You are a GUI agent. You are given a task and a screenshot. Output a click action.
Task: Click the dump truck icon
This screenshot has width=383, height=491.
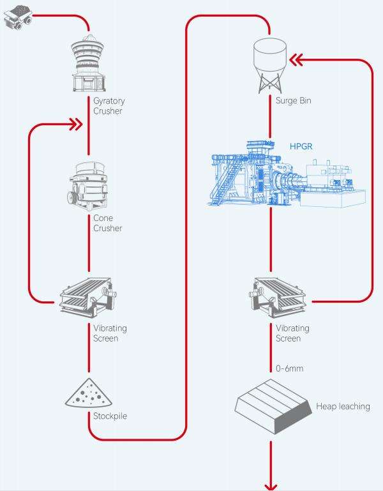pyautogui.click(x=18, y=17)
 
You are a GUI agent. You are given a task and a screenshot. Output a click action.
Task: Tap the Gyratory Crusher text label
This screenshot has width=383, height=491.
pyautogui.click(x=109, y=106)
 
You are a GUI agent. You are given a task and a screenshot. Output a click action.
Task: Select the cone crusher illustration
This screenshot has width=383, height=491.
pyautogui.click(x=88, y=186)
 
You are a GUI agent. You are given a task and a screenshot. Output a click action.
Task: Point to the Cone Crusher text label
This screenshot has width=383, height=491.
pyautogui.click(x=107, y=223)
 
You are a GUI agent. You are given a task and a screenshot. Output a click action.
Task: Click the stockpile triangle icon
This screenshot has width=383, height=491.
pyautogui.click(x=89, y=393)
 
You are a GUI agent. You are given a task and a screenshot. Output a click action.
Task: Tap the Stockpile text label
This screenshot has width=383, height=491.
pyautogui.click(x=110, y=416)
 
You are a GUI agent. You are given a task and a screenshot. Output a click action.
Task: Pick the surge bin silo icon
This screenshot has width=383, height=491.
pyautogui.click(x=269, y=66)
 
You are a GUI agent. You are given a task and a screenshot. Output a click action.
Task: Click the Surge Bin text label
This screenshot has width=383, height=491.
pyautogui.click(x=293, y=100)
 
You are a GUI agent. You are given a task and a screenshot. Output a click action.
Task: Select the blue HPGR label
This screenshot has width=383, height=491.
pyautogui.click(x=301, y=146)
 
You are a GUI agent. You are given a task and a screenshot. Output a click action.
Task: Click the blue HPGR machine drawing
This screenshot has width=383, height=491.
pyautogui.click(x=286, y=174)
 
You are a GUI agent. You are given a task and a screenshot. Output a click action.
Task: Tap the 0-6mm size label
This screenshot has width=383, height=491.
pyautogui.click(x=289, y=368)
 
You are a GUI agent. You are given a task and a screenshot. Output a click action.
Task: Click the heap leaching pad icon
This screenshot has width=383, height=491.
pyautogui.click(x=273, y=407)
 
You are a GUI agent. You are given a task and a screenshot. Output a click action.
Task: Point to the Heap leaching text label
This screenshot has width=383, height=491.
pyautogui.click(x=343, y=407)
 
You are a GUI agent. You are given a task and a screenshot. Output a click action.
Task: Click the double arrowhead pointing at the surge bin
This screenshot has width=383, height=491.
pyautogui.click(x=296, y=60)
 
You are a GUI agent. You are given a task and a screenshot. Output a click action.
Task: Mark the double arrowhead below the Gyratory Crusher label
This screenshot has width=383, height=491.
pyautogui.click(x=75, y=125)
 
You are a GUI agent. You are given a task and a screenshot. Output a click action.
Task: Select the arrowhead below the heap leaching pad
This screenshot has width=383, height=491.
pyautogui.click(x=271, y=487)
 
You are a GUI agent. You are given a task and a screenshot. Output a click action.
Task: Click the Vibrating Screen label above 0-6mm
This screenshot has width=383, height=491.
pyautogui.click(x=292, y=333)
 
